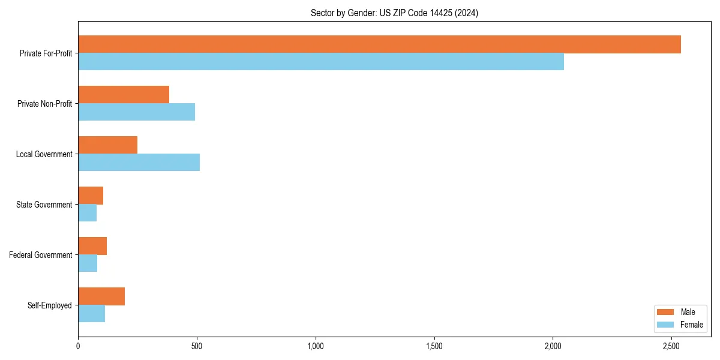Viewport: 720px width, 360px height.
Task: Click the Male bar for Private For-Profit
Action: pos(379,44)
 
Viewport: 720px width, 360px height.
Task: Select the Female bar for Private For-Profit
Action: pos(321,62)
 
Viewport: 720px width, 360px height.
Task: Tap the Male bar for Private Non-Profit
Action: pos(124,95)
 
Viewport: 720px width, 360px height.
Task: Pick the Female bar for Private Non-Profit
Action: pos(136,112)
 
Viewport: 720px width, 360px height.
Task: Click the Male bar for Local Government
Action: pos(108,145)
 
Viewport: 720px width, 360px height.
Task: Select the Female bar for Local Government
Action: pos(139,163)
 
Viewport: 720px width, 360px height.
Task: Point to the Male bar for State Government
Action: pos(91,196)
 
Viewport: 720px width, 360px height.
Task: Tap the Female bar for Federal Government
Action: pos(88,263)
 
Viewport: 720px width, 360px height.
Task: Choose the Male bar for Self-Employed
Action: pos(101,296)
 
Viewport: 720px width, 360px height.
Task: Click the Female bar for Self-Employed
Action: pos(91,314)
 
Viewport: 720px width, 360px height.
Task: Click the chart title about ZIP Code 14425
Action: pos(394,13)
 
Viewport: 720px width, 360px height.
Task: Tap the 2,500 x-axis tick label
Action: pos(671,346)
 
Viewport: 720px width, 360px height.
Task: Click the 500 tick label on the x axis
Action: pos(197,346)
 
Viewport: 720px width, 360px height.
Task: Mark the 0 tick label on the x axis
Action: pos(78,346)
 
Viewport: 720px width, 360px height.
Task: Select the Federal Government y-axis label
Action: pos(41,255)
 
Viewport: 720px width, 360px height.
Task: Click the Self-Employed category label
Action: pos(50,305)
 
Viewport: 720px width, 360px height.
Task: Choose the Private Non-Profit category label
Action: pos(44,104)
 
